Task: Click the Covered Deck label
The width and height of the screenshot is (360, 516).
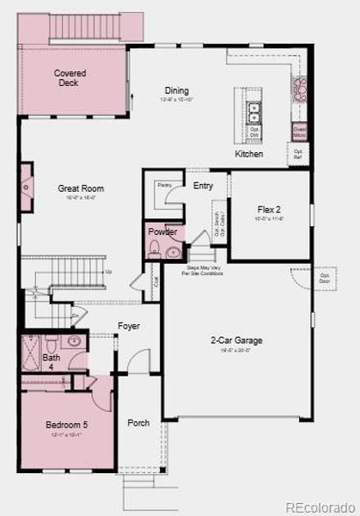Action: point(70,78)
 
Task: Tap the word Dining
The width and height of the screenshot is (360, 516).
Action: point(176,90)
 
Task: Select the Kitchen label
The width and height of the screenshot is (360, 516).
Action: point(249,154)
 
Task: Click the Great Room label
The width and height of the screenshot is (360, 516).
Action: point(81,188)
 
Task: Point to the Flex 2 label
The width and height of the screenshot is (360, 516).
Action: point(270,209)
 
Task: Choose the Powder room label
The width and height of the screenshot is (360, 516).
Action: point(162,232)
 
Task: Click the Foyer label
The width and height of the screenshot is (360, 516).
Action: point(129,327)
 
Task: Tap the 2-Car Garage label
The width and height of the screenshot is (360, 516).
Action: point(236,341)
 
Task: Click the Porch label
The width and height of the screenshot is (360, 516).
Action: point(138,423)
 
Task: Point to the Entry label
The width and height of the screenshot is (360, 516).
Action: point(204,186)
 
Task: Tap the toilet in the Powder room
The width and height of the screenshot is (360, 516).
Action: point(155,250)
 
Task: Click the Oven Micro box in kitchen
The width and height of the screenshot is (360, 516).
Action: point(300,132)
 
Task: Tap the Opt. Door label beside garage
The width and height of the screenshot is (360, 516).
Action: point(325,279)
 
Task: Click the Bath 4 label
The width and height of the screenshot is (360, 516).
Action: point(52,361)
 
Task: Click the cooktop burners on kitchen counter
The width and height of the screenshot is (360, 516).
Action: point(301,88)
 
